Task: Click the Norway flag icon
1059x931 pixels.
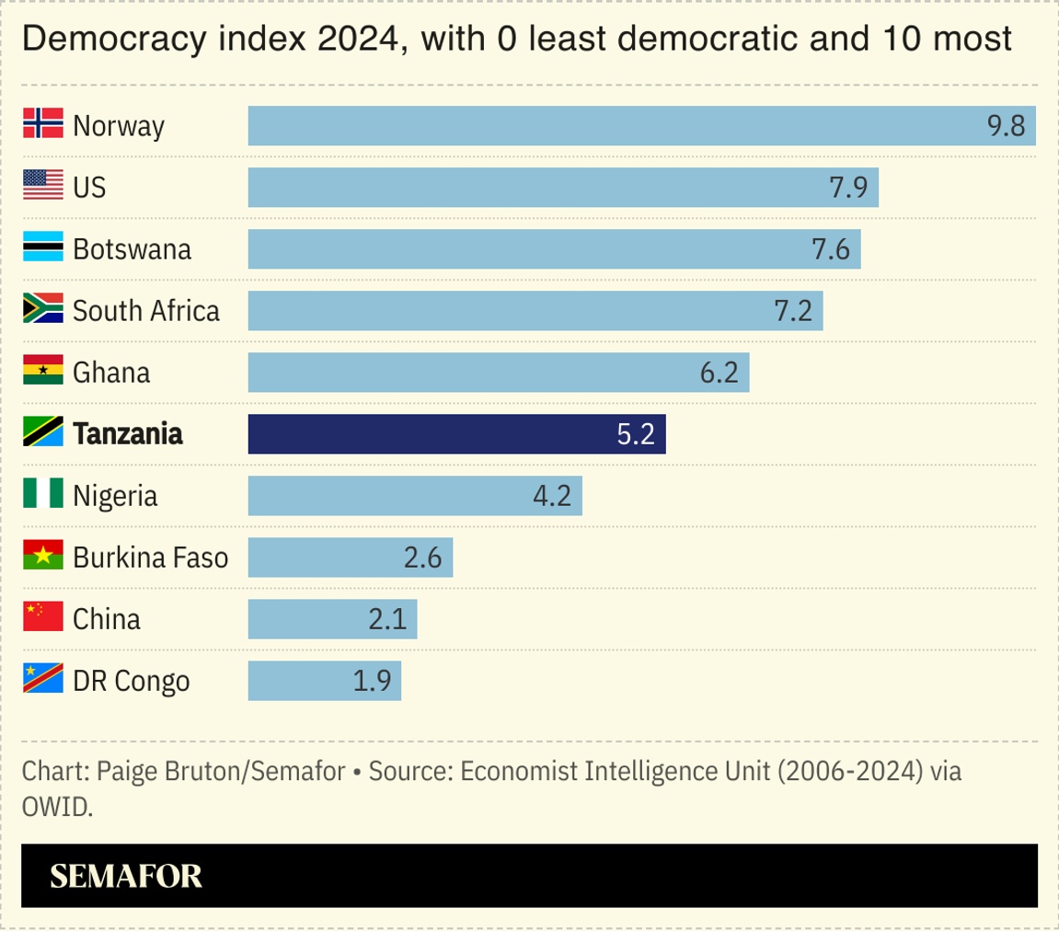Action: pos(42,124)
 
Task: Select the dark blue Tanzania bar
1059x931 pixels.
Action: pos(456,434)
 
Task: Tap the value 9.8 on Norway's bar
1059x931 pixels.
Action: pos(1006,126)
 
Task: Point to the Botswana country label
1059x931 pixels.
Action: pos(132,249)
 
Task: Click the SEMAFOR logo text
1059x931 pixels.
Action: pos(126,876)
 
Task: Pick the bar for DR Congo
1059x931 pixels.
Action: pos(324,681)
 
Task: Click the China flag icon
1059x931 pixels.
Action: pos(42,618)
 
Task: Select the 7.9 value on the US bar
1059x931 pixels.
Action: pos(848,188)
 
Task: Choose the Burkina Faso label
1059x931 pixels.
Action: pos(150,557)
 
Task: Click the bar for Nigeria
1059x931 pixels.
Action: pos(414,496)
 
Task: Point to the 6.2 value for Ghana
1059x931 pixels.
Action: pos(719,373)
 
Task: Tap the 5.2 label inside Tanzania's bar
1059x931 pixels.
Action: pos(635,434)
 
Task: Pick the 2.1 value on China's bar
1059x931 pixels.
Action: pos(387,619)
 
